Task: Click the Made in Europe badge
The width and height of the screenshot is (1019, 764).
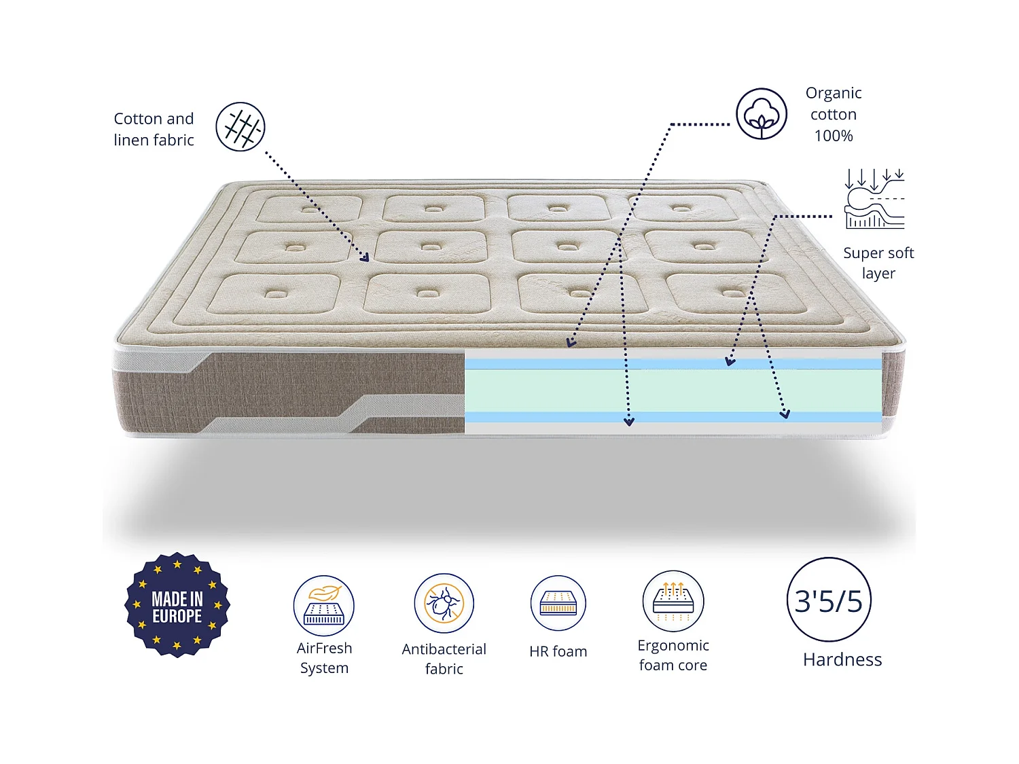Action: [177, 604]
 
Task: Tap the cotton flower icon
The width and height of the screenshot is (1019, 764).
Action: [762, 114]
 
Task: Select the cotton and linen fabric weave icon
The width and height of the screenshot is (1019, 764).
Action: [240, 127]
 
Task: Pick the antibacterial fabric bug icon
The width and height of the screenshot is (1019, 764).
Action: [444, 603]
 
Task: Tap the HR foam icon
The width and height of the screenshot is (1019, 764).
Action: [558, 603]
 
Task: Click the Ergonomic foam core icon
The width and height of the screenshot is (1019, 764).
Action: [673, 601]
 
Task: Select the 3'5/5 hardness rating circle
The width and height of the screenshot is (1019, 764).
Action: [829, 600]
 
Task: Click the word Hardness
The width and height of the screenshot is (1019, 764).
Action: [842, 659]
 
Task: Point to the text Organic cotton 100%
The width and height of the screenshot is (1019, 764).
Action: [834, 114]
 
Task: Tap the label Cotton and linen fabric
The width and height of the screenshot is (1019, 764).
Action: [154, 129]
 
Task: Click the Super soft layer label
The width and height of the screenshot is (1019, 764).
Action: [878, 263]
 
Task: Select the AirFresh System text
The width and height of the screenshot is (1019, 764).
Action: [325, 658]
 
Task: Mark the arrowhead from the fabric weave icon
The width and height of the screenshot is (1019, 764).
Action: [365, 257]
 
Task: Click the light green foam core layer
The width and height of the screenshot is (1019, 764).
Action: [673, 390]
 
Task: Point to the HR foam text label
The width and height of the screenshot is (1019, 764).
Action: [558, 651]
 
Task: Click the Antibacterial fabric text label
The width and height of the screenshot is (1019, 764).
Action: [444, 659]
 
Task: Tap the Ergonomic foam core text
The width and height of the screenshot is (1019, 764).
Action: [673, 655]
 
